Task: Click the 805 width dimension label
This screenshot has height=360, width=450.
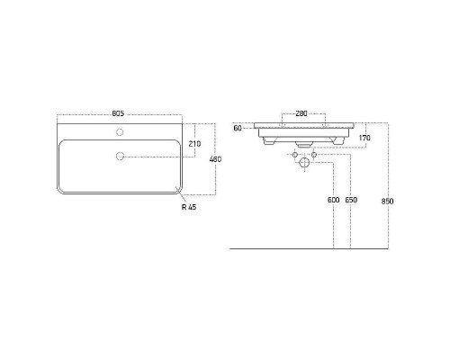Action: click(118, 113)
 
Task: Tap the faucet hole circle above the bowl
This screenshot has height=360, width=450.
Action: click(120, 132)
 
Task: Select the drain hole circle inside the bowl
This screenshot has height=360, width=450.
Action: click(120, 156)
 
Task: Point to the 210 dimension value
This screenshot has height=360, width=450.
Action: click(194, 144)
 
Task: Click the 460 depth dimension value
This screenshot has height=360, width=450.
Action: click(215, 159)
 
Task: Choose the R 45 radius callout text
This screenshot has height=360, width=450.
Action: click(189, 207)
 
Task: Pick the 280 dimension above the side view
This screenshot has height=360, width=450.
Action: click(301, 113)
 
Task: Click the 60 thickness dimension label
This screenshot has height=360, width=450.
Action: click(238, 129)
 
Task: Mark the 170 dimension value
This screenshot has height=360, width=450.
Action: click(364, 138)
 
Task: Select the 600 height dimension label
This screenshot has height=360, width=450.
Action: click(333, 200)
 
